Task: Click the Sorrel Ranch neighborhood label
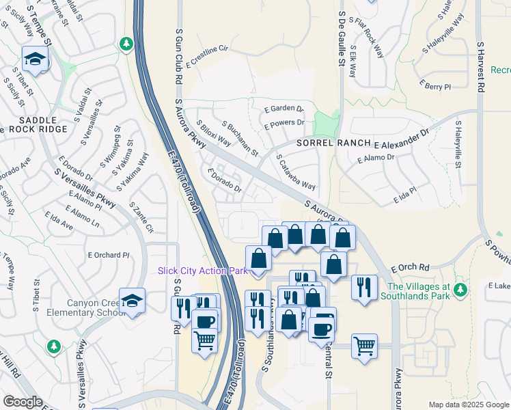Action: (x=333, y=143)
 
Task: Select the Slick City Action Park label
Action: (x=202, y=271)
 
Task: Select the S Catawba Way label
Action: (x=296, y=172)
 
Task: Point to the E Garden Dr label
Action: (x=284, y=109)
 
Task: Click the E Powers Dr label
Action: (x=284, y=123)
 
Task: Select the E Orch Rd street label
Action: (x=410, y=267)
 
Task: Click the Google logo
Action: (x=23, y=402)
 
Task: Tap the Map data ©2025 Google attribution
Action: (x=468, y=405)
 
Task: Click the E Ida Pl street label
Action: (x=405, y=197)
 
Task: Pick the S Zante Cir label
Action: (x=141, y=217)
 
